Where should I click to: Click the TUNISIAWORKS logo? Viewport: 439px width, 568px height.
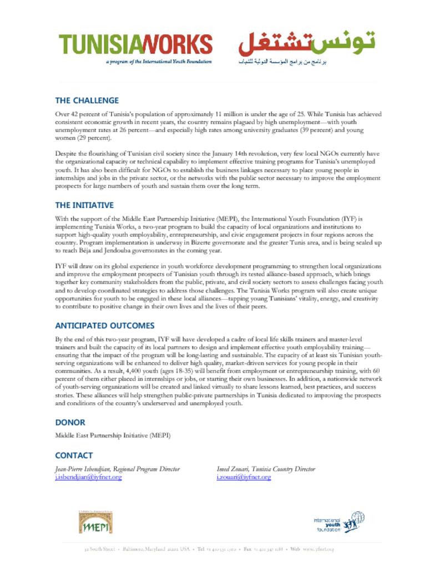[135, 44]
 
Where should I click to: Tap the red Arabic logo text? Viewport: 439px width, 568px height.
[307, 42]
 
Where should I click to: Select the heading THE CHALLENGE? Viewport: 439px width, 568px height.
[87, 100]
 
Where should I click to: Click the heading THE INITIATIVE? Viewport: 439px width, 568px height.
[84, 205]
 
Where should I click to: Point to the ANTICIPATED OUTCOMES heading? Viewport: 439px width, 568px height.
[104, 326]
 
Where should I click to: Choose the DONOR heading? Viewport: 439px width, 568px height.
[70, 422]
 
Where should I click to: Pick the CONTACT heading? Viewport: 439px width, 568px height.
[74, 455]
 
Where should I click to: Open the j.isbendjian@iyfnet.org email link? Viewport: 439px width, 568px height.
[88, 477]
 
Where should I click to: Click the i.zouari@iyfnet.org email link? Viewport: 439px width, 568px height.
[244, 477]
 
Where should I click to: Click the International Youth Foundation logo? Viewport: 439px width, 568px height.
[339, 523]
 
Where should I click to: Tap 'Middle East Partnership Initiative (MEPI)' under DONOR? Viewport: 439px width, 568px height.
[113, 435]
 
